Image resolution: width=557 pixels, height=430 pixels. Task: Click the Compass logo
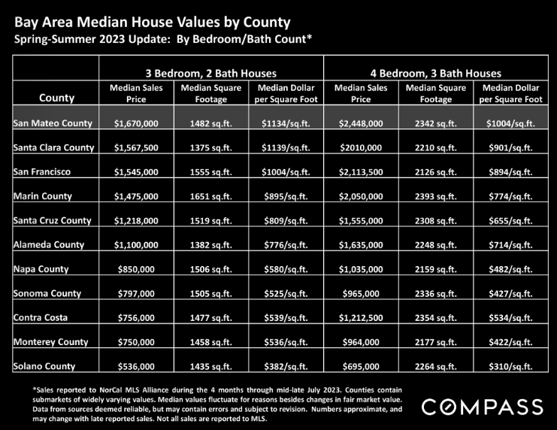[x=483, y=407]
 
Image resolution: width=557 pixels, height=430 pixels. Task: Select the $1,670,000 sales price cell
[x=136, y=124]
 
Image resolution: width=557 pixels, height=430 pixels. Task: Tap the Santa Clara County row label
[x=53, y=147]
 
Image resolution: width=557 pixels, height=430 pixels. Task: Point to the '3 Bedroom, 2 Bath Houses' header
[x=211, y=74]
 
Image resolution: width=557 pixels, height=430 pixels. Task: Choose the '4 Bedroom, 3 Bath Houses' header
[x=436, y=74]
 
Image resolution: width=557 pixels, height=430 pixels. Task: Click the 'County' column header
[x=57, y=98]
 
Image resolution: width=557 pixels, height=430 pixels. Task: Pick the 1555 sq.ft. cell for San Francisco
[x=211, y=172]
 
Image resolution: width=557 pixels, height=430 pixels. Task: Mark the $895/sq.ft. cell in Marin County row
[x=286, y=196]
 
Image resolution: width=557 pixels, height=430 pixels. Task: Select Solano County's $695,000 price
[x=361, y=366]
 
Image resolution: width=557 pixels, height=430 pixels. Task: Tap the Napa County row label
[x=41, y=269]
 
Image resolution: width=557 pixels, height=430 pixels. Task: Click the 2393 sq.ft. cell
[x=436, y=196]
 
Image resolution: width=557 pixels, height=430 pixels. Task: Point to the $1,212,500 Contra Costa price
[x=361, y=318]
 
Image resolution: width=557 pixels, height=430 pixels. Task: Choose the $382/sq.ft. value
[x=286, y=366]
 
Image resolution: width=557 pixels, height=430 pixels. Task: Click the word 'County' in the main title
[x=267, y=23]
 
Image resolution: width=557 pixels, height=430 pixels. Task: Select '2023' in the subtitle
[x=112, y=39]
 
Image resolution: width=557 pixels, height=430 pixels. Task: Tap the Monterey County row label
[x=51, y=342]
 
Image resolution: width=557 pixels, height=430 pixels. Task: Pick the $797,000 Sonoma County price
[x=136, y=293]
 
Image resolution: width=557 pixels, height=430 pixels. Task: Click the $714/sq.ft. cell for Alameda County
[x=511, y=245]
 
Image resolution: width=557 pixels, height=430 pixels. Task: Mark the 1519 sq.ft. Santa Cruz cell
[x=211, y=221]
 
